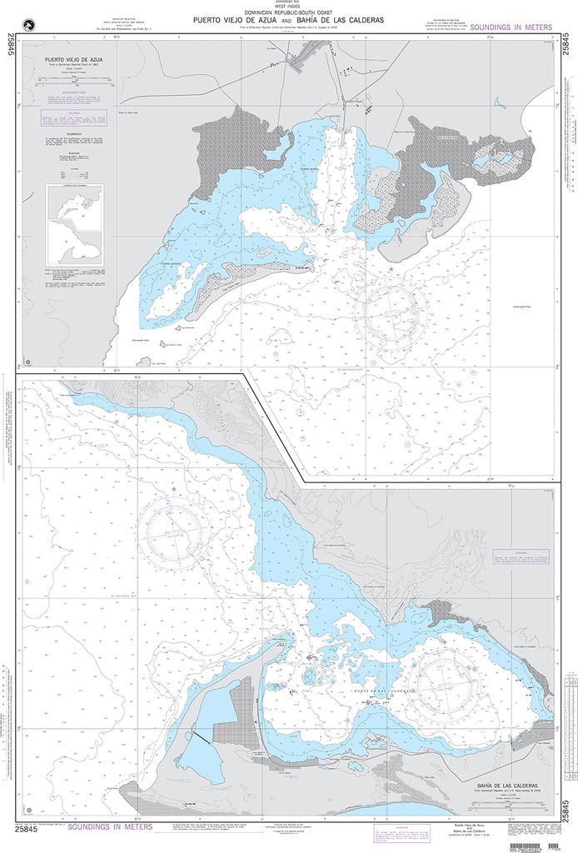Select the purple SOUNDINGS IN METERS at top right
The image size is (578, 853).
pyautogui.click(x=510, y=27)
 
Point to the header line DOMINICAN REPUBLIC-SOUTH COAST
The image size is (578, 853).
pyautogui.click(x=289, y=13)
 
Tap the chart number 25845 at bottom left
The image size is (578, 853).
pyautogui.click(x=27, y=829)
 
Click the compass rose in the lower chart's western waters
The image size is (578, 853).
pyautogui.click(x=175, y=531)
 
